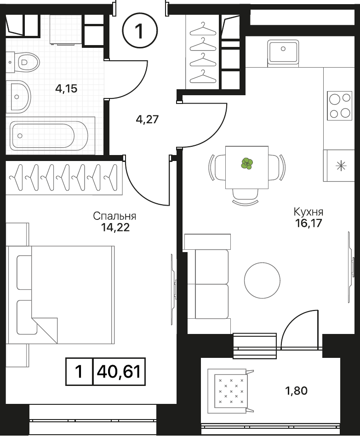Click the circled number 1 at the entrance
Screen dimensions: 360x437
pyautogui.click(x=140, y=31)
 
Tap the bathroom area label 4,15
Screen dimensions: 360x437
pyautogui.click(x=66, y=89)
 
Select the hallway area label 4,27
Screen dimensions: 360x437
pyautogui.click(x=147, y=120)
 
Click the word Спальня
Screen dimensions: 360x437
pyautogui.click(x=114, y=216)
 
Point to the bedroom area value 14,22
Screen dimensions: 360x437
pyautogui.click(x=115, y=228)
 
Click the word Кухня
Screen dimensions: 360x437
pyautogui.click(x=309, y=212)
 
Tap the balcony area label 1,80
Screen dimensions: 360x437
pyautogui.click(x=296, y=391)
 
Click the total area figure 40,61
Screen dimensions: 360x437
pyautogui.click(x=119, y=372)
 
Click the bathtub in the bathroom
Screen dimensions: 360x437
pyautogui.click(x=49, y=136)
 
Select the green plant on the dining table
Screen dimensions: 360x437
pyautogui.click(x=247, y=164)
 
